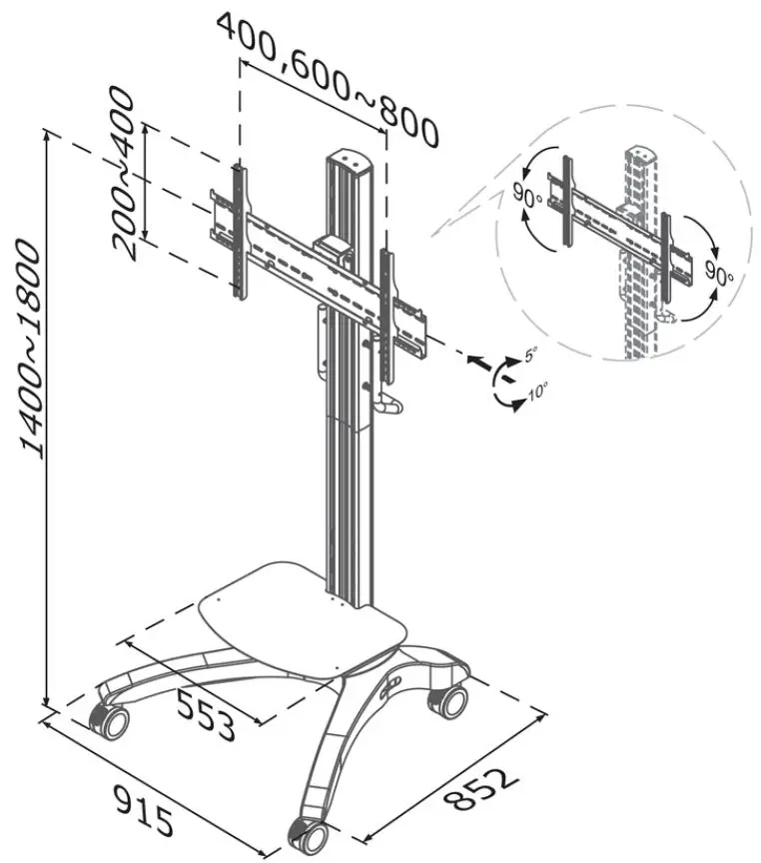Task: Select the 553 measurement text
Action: coord(206,711)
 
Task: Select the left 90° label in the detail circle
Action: coord(526,194)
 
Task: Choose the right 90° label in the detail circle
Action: coord(718,273)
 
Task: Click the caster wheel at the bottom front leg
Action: coord(307,831)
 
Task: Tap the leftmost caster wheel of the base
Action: coord(109,721)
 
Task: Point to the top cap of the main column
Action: coord(347,159)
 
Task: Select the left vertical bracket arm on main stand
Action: coord(237,229)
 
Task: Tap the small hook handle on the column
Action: coord(388,405)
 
